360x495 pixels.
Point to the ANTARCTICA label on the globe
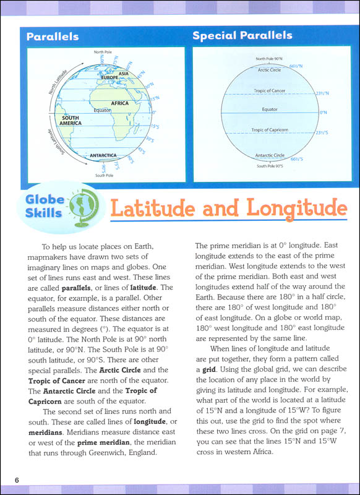pyautogui.click(x=90, y=156)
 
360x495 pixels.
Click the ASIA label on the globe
pyautogui.click(x=123, y=73)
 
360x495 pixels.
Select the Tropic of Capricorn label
pyautogui.click(x=270, y=130)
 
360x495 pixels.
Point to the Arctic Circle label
pyautogui.click(x=270, y=70)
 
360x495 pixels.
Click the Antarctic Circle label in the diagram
pyautogui.click(x=270, y=155)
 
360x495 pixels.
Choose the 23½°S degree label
pyautogui.click(x=320, y=133)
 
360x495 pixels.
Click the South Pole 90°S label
pyautogui.click(x=270, y=166)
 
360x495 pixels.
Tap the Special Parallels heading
pyautogui.click(x=242, y=35)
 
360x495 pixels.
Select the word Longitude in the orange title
pyautogui.click(x=289, y=208)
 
